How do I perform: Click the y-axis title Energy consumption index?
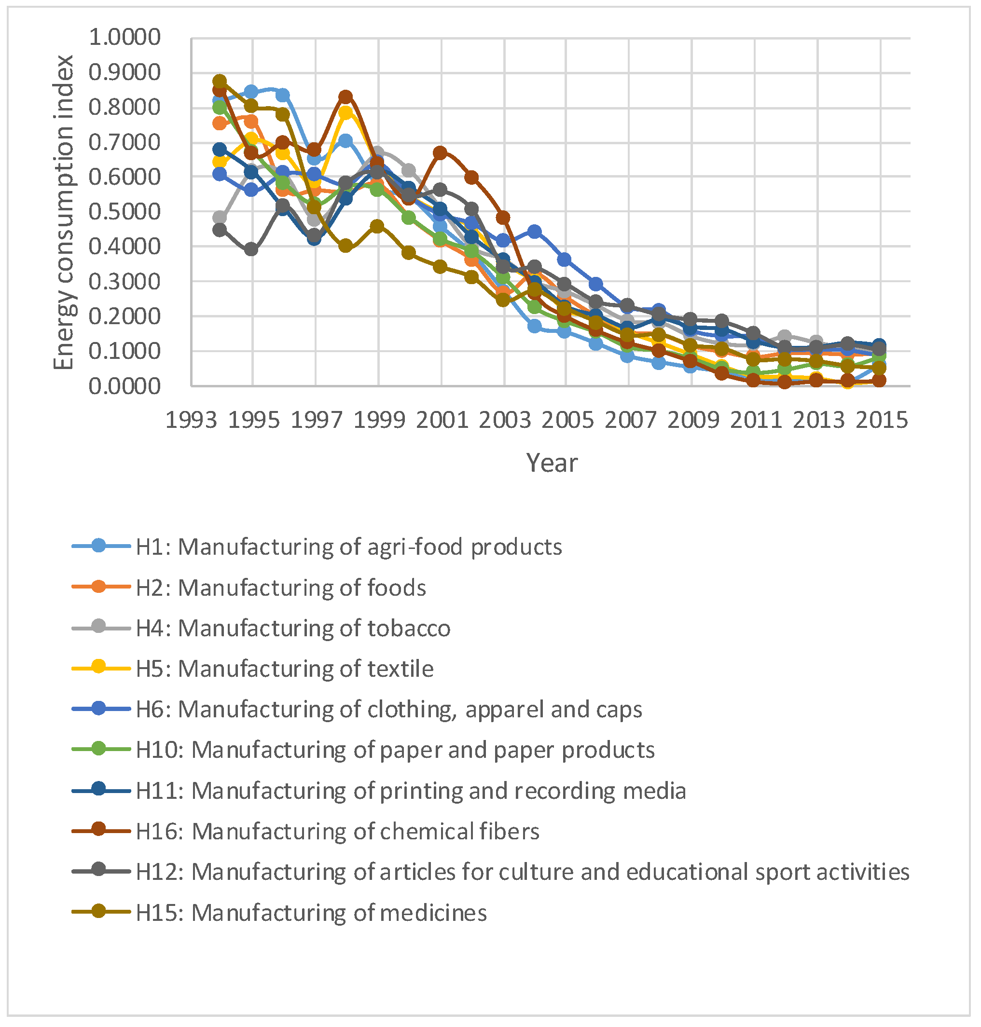pos(64,212)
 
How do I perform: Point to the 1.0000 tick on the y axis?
pos(124,37)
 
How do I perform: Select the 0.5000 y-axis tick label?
pos(124,212)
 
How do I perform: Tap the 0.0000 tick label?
pos(124,386)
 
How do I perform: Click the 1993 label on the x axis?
pos(191,420)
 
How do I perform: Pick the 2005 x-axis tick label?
pos(567,420)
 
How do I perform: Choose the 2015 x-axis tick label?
pos(881,420)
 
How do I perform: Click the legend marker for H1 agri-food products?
pos(98,546)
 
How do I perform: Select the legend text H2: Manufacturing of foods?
pos(281,588)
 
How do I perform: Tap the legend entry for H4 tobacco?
pos(293,628)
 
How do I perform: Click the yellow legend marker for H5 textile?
pos(98,668)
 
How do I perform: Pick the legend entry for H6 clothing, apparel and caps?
pos(388,709)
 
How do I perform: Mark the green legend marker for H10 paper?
pos(98,749)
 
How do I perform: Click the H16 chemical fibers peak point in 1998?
pos(345,96)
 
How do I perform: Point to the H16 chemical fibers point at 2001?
pos(440,152)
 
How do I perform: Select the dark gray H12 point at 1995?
pos(251,250)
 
